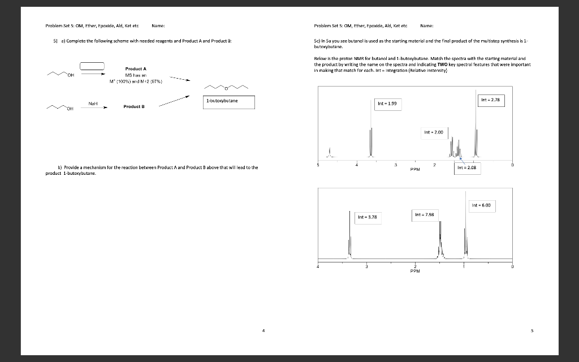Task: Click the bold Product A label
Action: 136,69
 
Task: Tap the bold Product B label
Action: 136,106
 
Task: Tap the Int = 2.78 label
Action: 490,100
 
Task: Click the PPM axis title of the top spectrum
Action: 416,169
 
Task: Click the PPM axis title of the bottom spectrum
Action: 416,271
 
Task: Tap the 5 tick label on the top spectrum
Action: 318,165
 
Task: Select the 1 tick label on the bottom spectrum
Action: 464,267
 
